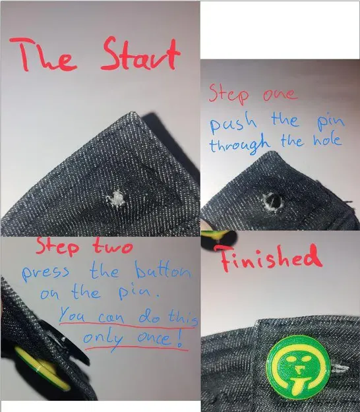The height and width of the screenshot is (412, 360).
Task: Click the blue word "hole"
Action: (327, 141)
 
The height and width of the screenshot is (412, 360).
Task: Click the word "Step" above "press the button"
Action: (59, 248)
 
